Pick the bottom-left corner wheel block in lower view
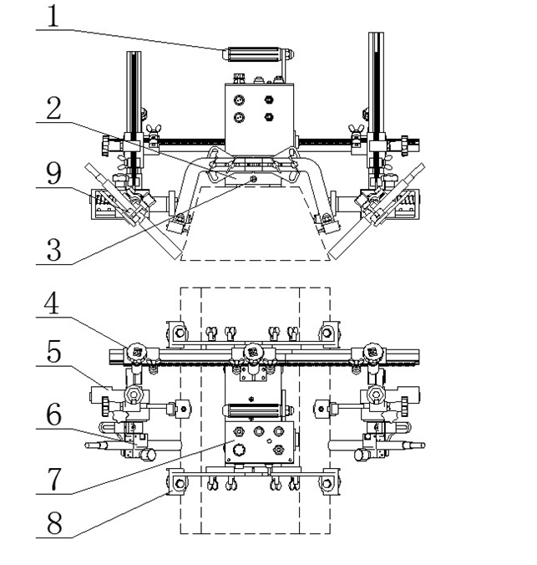177,481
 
